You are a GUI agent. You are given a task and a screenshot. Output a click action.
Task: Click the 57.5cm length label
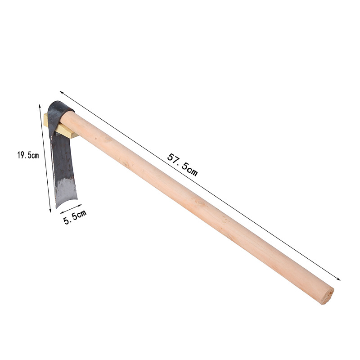(x=182, y=165)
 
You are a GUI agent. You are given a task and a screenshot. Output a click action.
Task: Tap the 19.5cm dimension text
(x=28, y=155)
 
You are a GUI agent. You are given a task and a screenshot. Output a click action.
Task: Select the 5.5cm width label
(x=75, y=217)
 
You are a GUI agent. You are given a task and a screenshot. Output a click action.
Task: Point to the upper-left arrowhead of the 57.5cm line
(x=61, y=92)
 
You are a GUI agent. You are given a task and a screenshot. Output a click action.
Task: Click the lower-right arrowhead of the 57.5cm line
(x=339, y=279)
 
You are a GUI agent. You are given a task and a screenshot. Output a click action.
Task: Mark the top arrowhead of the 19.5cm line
(x=40, y=106)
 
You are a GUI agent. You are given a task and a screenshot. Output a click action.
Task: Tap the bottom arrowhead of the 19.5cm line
(x=50, y=211)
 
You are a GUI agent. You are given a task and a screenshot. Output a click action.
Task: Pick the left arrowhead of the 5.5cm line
(x=62, y=212)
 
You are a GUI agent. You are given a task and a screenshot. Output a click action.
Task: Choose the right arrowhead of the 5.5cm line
(x=80, y=205)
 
